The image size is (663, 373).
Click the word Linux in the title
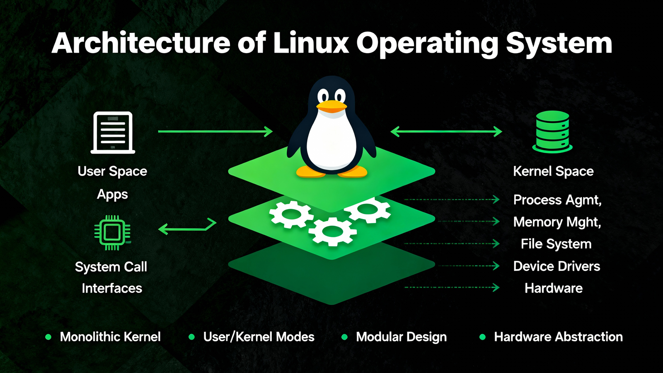pyautogui.click(x=311, y=43)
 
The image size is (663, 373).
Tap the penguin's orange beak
pyautogui.click(x=331, y=106)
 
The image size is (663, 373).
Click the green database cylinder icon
pyautogui.click(x=552, y=132)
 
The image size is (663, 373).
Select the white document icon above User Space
pyautogui.click(x=113, y=133)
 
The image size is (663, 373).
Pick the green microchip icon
pyautogui.click(x=112, y=232)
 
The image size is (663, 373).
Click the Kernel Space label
pyautogui.click(x=553, y=171)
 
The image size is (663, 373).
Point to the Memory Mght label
pyautogui.click(x=557, y=222)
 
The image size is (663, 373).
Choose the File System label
pyautogui.click(x=556, y=244)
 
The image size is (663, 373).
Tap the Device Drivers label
pyautogui.click(x=557, y=266)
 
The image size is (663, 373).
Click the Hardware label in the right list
pyautogui.click(x=553, y=288)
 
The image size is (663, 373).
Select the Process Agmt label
pyautogui.click(x=557, y=200)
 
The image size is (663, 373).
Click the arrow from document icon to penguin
pyautogui.click(x=215, y=132)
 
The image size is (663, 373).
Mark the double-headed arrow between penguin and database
pyautogui.click(x=446, y=132)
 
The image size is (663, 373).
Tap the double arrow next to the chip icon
pyautogui.click(x=187, y=227)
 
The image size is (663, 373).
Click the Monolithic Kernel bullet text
pyautogui.click(x=110, y=337)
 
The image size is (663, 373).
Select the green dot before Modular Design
pyautogui.click(x=344, y=337)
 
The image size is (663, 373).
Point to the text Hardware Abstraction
pyautogui.click(x=558, y=337)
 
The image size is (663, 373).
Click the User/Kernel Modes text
pyautogui.click(x=259, y=337)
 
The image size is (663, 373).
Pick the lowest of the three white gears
pyautogui.click(x=332, y=232)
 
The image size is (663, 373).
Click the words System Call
pyautogui.click(x=111, y=267)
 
